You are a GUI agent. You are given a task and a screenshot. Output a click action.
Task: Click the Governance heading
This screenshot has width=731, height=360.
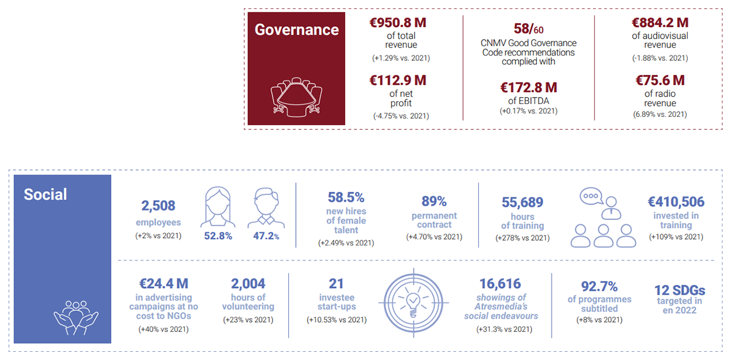click(x=296, y=30)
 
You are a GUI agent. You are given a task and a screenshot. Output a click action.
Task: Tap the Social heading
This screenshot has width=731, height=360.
click(x=45, y=194)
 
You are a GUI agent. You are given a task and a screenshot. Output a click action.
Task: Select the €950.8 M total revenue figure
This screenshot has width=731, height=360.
click(x=401, y=23)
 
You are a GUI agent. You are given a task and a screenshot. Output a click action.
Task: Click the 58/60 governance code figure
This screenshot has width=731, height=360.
click(x=529, y=29)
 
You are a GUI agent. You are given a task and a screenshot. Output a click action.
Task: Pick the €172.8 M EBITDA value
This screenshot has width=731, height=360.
click(x=528, y=88)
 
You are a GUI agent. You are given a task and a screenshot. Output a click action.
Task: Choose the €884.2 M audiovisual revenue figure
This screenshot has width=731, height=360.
click(x=660, y=23)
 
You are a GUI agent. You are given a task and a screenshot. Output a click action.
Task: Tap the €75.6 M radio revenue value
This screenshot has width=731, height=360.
click(x=660, y=81)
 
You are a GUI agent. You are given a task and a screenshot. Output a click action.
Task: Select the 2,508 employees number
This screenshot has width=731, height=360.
click(x=158, y=206)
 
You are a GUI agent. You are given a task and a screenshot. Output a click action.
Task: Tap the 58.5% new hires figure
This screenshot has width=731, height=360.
click(x=346, y=197)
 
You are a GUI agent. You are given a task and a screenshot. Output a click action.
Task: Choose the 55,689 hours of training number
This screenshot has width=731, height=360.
click(x=522, y=202)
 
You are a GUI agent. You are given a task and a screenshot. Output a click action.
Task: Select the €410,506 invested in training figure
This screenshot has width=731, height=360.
click(x=675, y=202)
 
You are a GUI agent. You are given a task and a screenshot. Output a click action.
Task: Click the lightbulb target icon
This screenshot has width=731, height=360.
click(x=413, y=302)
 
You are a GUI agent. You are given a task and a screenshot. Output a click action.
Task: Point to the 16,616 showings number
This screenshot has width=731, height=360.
click(x=500, y=284)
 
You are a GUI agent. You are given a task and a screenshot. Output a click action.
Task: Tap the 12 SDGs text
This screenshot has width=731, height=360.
click(x=679, y=290)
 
